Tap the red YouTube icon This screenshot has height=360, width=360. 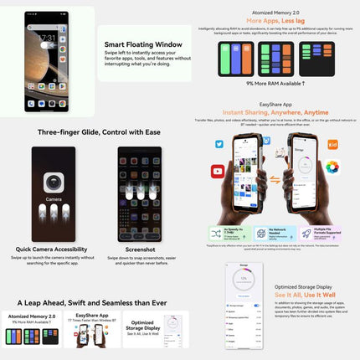coord(218,171)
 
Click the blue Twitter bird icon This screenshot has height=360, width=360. coord(219,144)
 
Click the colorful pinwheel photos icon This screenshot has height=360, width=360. coord(332,167)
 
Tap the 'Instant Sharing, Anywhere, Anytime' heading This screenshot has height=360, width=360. coord(275,112)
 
